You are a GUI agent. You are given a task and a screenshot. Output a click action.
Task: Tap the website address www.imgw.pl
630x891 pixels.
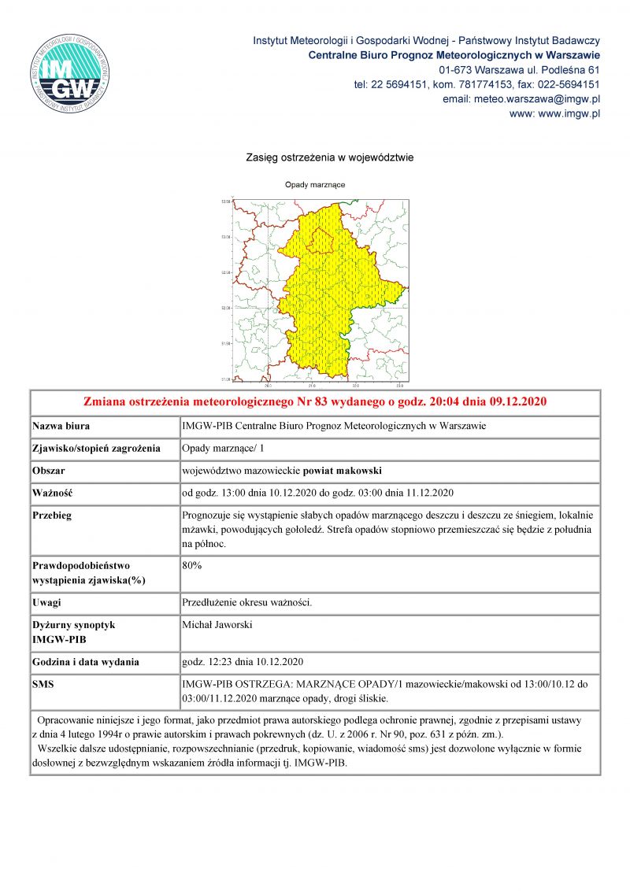[555, 113]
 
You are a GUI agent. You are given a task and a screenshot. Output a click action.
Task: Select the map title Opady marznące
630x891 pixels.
[315, 185]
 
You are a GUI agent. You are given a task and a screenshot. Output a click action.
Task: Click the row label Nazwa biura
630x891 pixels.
[61, 426]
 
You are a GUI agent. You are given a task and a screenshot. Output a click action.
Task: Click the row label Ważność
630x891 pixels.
[52, 494]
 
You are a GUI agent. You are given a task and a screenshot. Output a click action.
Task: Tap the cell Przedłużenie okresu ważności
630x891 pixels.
[247, 602]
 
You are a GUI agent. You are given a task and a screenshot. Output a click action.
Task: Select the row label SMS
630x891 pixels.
[43, 683]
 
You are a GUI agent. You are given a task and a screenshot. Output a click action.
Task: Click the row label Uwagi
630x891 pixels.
[46, 602]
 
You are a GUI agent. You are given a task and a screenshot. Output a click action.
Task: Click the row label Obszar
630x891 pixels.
[49, 471]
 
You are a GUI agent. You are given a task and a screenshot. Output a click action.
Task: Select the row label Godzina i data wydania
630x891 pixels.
[86, 660]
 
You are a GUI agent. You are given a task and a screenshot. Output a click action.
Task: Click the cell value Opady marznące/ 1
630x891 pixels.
[225, 448]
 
